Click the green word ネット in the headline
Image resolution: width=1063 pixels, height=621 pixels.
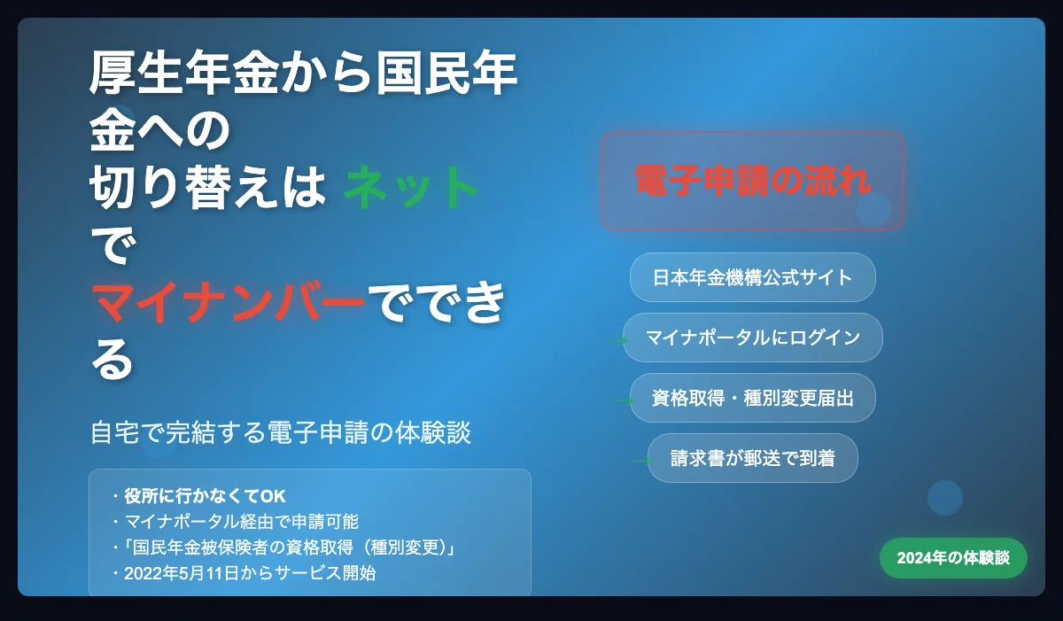[x=410, y=187]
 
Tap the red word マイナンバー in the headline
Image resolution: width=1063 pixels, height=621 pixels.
[x=228, y=302]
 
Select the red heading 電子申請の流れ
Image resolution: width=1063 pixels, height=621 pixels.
[x=753, y=180]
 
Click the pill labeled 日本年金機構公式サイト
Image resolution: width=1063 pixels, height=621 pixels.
[x=753, y=277]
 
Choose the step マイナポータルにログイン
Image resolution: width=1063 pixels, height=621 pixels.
[x=753, y=338]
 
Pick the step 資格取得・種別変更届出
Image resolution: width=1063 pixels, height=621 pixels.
[x=753, y=398]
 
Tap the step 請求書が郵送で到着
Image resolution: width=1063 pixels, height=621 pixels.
[x=753, y=458]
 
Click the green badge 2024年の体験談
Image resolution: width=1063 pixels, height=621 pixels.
[x=953, y=558]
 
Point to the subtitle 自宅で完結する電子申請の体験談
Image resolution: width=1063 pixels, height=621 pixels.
[x=281, y=432]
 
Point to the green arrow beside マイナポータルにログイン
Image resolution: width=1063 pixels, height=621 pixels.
[x=617, y=340]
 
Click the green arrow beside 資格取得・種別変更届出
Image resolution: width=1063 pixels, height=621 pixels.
[x=624, y=401]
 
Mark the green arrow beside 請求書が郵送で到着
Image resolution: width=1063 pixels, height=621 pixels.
[x=642, y=461]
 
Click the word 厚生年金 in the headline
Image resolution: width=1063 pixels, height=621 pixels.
[x=184, y=72]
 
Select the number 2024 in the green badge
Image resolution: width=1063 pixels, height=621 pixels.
[x=914, y=558]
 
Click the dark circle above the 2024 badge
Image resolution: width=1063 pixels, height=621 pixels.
[x=945, y=498]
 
